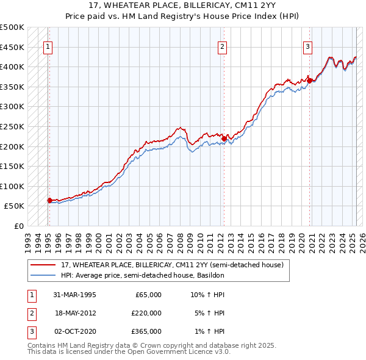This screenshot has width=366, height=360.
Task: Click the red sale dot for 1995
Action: pos(49,200)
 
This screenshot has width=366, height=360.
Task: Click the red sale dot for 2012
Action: pos(224,139)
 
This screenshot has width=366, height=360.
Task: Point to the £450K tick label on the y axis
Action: pos(12,47)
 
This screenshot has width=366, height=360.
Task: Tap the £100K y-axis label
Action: pos(12,186)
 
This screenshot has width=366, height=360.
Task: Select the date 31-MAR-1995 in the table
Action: pos(75,295)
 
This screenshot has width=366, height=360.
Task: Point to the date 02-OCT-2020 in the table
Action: pos(75,331)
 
